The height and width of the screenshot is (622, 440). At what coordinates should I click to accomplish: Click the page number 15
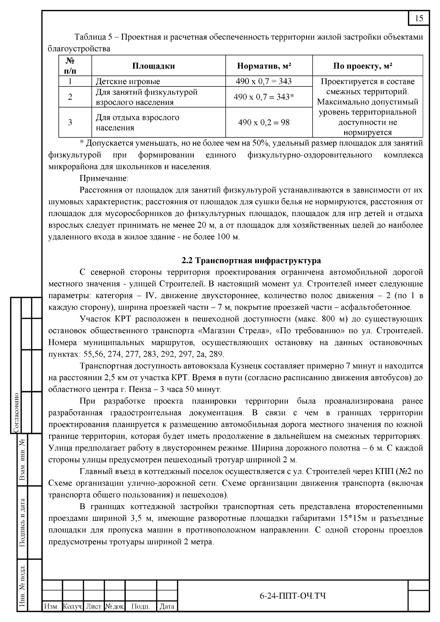419,18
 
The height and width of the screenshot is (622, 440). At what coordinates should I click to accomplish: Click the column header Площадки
153,66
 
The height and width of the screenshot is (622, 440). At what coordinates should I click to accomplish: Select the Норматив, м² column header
264,66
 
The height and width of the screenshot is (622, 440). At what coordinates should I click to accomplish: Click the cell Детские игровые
128,81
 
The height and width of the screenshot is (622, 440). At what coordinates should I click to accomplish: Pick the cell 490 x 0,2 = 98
264,122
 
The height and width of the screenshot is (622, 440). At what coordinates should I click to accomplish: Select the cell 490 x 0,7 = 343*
264,97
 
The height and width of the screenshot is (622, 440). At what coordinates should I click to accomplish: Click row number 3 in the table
70,122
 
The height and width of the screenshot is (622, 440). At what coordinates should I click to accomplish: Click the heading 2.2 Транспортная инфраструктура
251,261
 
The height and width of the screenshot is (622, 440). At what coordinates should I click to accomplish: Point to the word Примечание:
104,178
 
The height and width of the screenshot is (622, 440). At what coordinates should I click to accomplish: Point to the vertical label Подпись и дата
22,522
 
